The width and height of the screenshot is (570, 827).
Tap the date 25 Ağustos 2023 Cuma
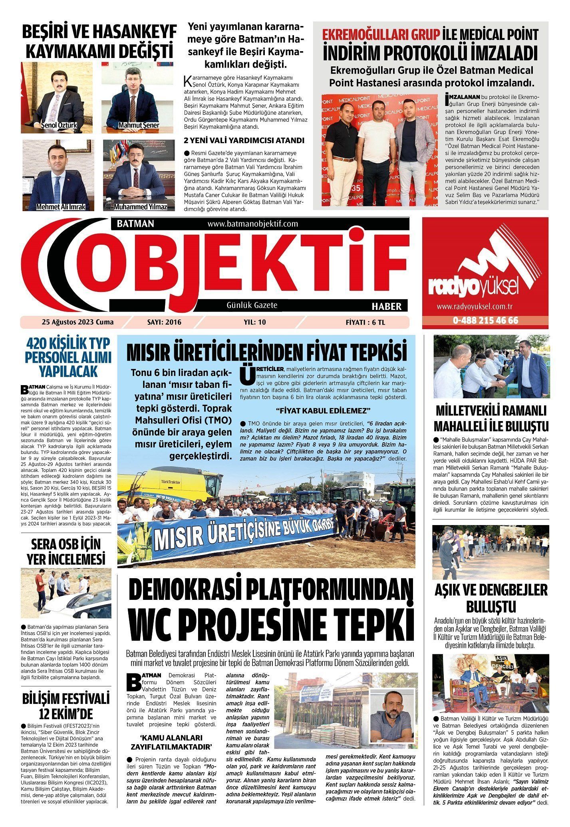pos(77,322)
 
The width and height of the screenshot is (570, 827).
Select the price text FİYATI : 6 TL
pos(365,322)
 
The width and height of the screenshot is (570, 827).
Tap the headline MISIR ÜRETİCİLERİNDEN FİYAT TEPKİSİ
pos(266,352)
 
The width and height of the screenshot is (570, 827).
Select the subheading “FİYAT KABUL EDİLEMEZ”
pos(324,411)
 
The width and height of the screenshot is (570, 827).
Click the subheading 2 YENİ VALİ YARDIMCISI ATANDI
pos(244,141)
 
